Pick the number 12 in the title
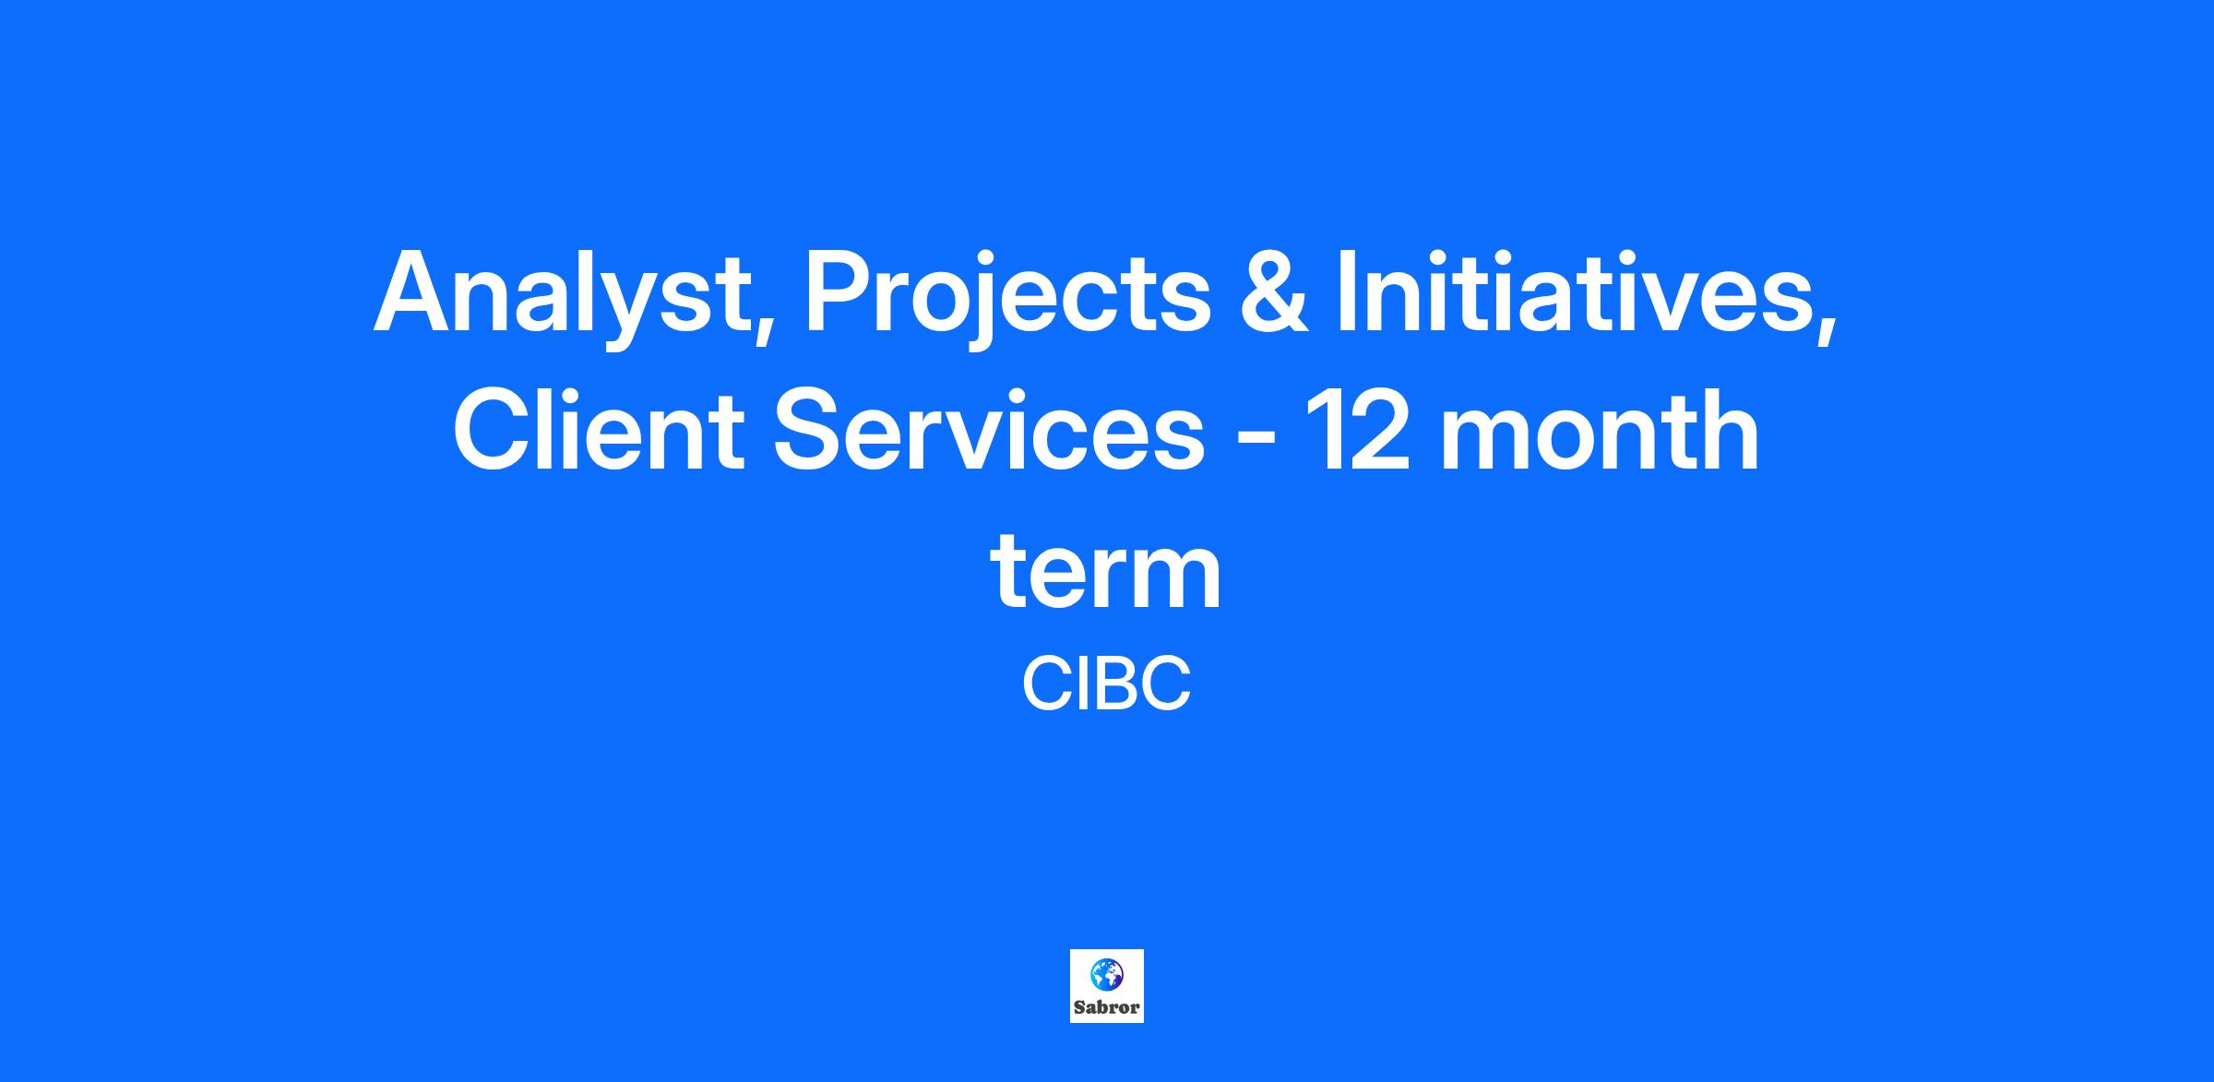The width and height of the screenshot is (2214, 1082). (1360, 430)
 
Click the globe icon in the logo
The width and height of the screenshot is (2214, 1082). (1105, 973)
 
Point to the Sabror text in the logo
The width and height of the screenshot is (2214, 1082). (1106, 1007)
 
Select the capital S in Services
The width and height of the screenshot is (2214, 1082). (810, 430)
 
